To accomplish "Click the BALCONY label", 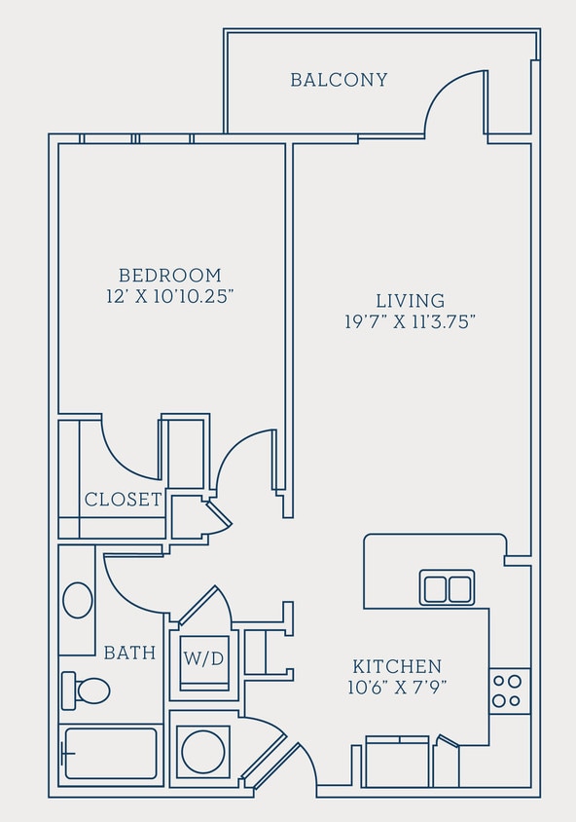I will (x=339, y=80).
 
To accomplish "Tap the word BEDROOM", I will (x=170, y=276).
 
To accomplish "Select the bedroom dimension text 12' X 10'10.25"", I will (x=170, y=297).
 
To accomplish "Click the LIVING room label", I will (x=410, y=301).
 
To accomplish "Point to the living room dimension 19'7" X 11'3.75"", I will (x=410, y=322).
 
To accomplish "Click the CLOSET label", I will (x=123, y=501).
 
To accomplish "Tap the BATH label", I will (x=129, y=653).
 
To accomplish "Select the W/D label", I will (x=204, y=658).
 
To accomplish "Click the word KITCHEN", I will (x=397, y=667).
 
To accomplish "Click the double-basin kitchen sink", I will (x=447, y=588).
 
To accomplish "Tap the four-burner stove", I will (x=509, y=691).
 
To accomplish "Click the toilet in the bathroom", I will (x=86, y=691).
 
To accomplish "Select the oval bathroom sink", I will (x=78, y=600).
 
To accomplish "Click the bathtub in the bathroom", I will (x=110, y=754).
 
